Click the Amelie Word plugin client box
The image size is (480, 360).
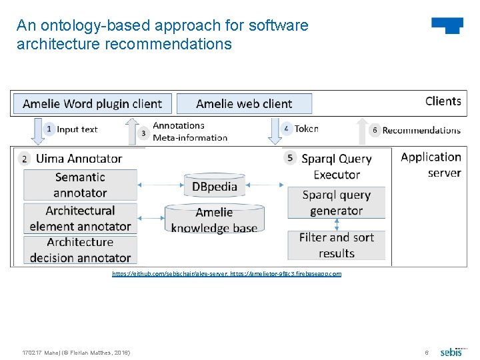click(92, 104)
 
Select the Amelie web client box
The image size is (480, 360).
click(244, 104)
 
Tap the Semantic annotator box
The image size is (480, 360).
click(80, 185)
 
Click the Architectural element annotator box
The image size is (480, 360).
click(80, 218)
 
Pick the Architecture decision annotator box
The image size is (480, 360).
click(80, 250)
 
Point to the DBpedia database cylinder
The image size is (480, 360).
click(215, 185)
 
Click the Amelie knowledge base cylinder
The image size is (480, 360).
click(214, 219)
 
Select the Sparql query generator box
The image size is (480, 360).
click(336, 203)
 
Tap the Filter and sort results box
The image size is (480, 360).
click(336, 245)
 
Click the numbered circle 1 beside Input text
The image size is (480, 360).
click(49, 129)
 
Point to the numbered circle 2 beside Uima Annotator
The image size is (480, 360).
click(25, 159)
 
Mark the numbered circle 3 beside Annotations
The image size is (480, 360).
click(143, 133)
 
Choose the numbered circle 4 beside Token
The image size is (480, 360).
click(287, 129)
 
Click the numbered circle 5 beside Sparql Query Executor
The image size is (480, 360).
click(289, 158)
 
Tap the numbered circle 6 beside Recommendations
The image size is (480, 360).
click(375, 131)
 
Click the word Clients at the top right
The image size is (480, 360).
click(443, 101)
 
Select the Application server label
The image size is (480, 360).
click(431, 165)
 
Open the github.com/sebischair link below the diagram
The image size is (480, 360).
click(171, 274)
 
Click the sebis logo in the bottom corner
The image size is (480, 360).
click(451, 351)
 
